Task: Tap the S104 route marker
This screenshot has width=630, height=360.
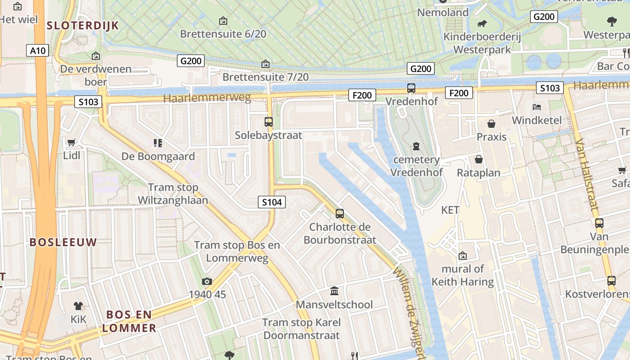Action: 272,202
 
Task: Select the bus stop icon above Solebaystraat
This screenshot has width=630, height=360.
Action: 269,121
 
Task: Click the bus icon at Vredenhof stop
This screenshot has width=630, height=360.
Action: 411,88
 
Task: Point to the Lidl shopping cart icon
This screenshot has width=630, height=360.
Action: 71,143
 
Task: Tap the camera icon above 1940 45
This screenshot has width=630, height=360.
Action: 207,281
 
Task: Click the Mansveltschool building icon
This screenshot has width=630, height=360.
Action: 334,291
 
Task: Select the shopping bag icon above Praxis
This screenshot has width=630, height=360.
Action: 491,123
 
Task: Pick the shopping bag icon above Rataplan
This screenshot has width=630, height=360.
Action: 479,159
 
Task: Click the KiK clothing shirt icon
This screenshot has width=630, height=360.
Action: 78,306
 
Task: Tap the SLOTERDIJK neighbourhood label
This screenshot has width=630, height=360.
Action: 83,26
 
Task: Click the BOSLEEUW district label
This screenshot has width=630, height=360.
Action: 63,242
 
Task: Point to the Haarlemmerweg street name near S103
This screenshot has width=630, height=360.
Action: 207,98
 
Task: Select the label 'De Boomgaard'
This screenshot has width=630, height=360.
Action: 158,157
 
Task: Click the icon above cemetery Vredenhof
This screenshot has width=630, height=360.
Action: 416,146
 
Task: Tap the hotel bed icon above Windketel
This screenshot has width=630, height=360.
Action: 537,107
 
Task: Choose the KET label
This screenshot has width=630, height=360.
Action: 450,210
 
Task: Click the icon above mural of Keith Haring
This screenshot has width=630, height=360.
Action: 463,256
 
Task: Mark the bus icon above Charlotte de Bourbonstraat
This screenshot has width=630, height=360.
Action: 340,213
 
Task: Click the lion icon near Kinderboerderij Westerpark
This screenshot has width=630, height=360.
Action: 482,24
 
